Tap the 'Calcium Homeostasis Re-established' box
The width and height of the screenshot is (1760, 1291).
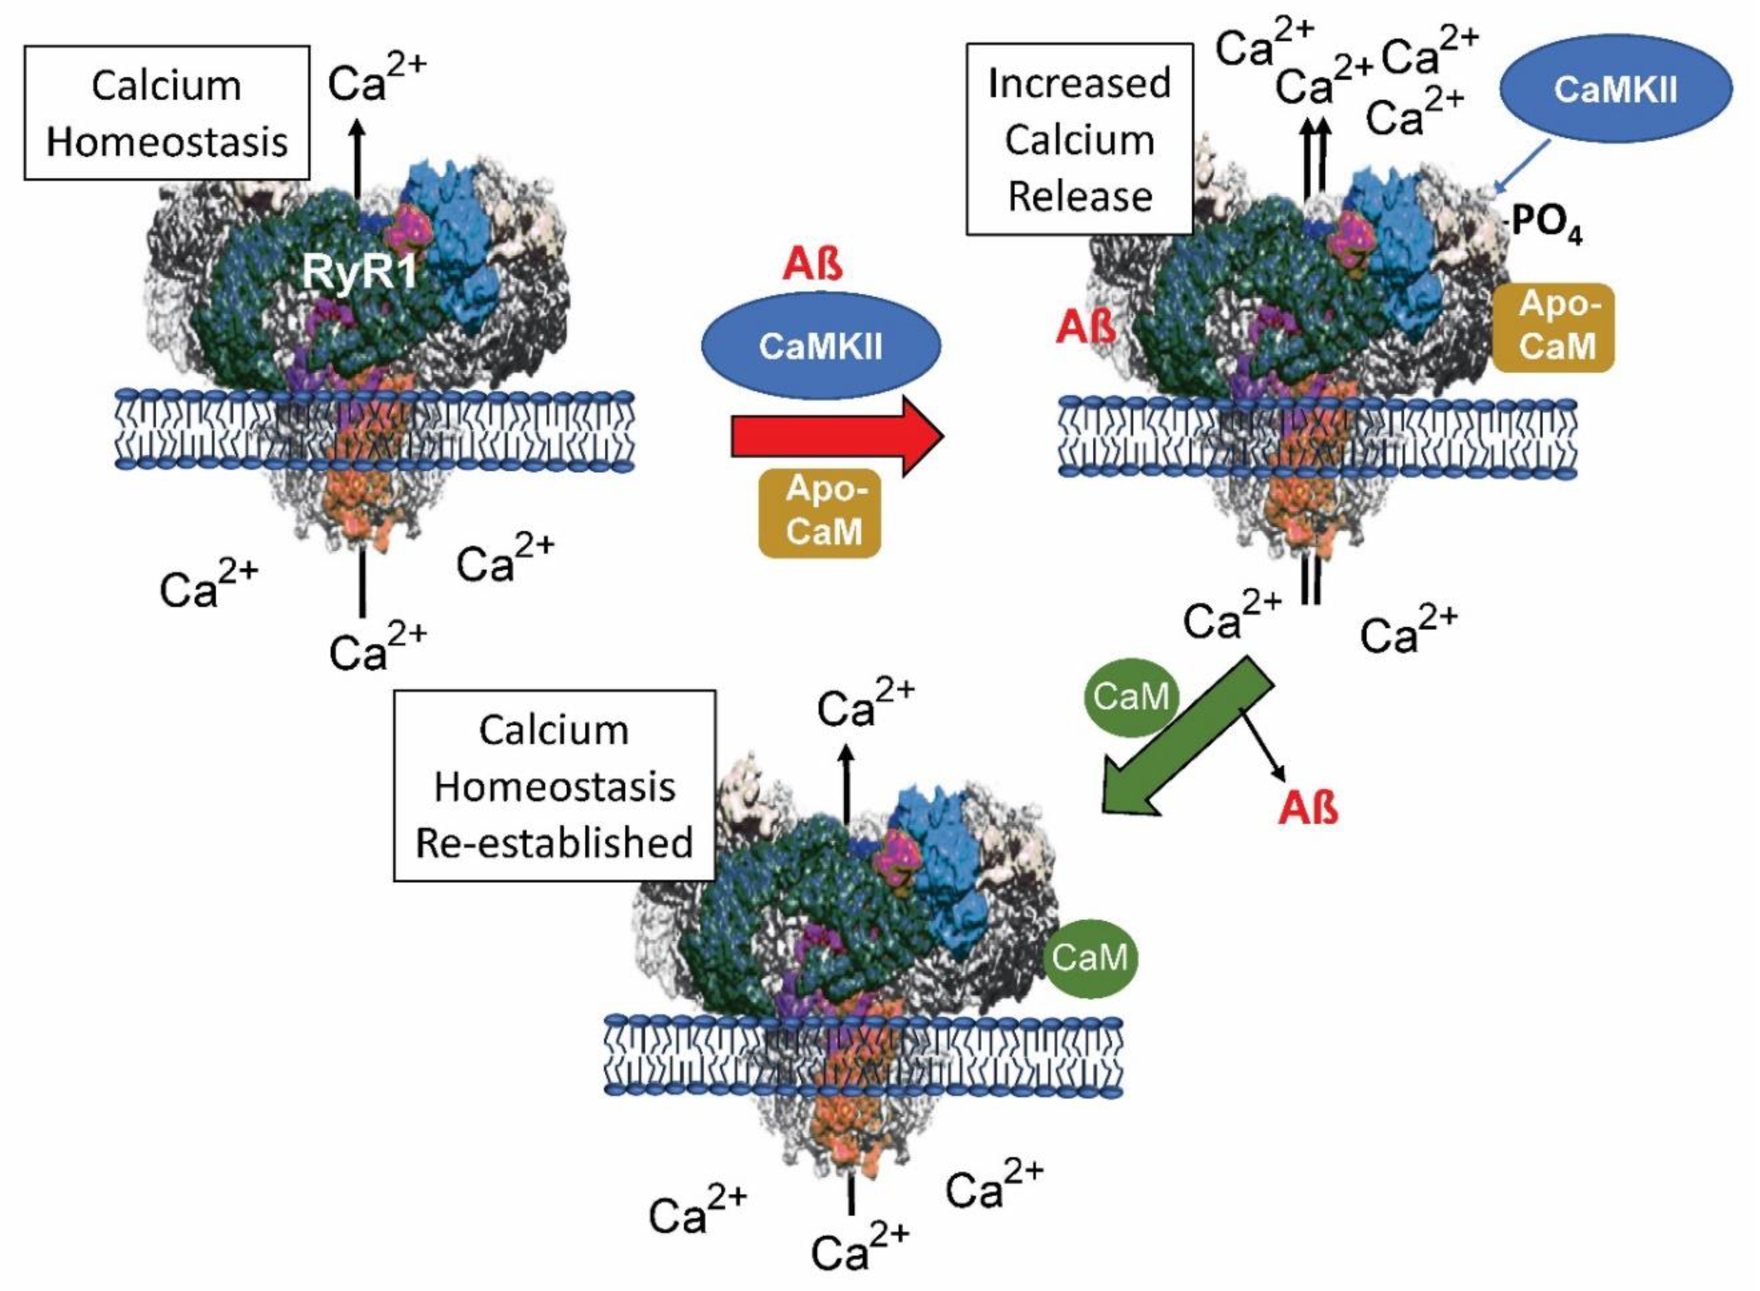click(x=554, y=785)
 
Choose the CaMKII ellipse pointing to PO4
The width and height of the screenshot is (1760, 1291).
click(x=1615, y=90)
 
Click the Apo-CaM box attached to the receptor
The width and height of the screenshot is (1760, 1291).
click(x=1553, y=327)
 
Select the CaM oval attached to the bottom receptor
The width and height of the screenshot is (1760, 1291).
click(x=1090, y=957)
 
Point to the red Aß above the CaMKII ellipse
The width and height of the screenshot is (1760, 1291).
click(x=813, y=265)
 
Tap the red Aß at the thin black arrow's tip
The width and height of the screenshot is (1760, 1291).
click(x=1308, y=808)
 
